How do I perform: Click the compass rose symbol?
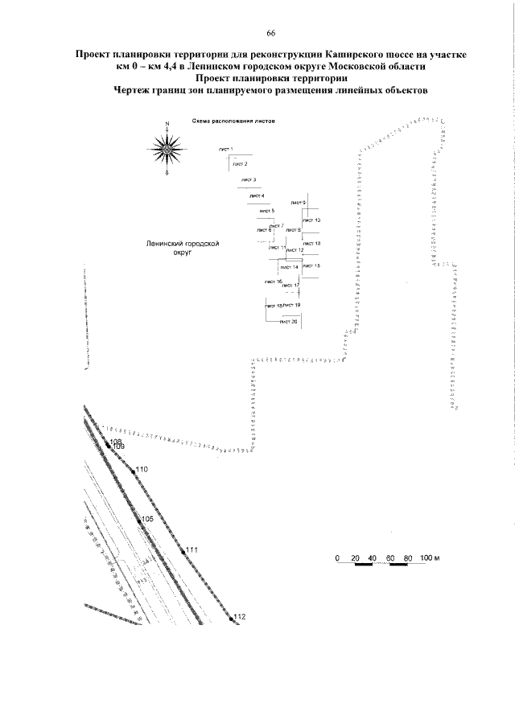[167, 148]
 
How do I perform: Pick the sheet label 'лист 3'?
[249, 179]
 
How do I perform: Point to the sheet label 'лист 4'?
[257, 195]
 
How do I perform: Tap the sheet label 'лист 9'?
[299, 202]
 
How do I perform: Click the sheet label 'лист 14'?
[290, 266]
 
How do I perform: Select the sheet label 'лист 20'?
[289, 321]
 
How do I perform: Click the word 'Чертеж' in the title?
[138, 91]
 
